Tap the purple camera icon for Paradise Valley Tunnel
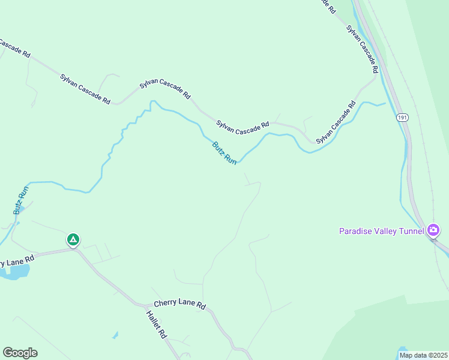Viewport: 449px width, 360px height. coord(434,230)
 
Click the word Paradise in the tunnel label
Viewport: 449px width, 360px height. coord(357,231)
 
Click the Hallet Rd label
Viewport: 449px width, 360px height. coord(155,325)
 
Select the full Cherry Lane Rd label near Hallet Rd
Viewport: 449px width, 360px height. coord(179,304)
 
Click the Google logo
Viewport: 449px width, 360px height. coord(20,353)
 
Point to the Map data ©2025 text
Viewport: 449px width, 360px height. coord(423,355)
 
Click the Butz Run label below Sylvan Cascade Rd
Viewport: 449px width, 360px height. coord(224,153)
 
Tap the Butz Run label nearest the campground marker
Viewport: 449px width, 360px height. coord(21,200)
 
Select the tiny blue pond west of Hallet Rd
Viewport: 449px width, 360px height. coord(115,335)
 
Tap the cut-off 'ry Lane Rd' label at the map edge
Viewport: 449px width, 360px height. coord(18,259)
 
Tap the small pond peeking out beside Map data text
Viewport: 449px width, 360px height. coord(402,349)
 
